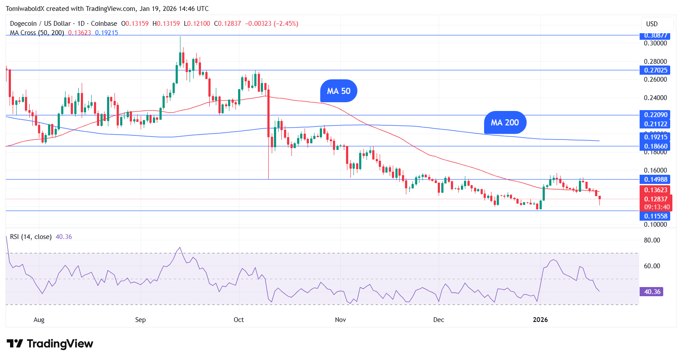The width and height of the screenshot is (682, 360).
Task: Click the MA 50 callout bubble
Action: [x=339, y=91]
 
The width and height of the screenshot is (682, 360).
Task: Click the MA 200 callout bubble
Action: [x=505, y=122]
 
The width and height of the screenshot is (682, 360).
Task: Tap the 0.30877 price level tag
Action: [x=654, y=35]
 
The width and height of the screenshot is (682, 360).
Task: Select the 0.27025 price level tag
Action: [x=654, y=70]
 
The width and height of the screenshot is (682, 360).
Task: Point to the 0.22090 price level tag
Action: [x=654, y=115]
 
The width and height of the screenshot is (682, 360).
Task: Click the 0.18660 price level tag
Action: [x=654, y=146]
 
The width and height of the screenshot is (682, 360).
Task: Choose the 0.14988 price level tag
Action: [x=654, y=179]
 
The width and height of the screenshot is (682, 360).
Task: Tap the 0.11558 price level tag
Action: [x=654, y=216]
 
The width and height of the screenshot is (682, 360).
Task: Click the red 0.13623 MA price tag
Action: [x=654, y=190]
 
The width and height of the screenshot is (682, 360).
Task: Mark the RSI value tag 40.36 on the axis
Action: [x=651, y=291]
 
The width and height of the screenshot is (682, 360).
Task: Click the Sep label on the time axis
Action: [x=140, y=320]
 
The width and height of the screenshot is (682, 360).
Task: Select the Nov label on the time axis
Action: [x=340, y=320]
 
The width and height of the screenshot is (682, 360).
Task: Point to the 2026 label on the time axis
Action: [x=540, y=320]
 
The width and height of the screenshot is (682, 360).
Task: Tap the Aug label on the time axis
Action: [x=39, y=320]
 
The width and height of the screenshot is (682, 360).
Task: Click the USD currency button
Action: [x=652, y=24]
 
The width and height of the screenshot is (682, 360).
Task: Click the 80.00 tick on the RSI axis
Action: [x=652, y=240]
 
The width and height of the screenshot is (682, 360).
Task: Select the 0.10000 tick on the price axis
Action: [x=655, y=225]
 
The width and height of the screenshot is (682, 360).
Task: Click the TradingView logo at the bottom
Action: [x=50, y=344]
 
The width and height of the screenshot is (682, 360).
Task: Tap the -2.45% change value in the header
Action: [x=286, y=24]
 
